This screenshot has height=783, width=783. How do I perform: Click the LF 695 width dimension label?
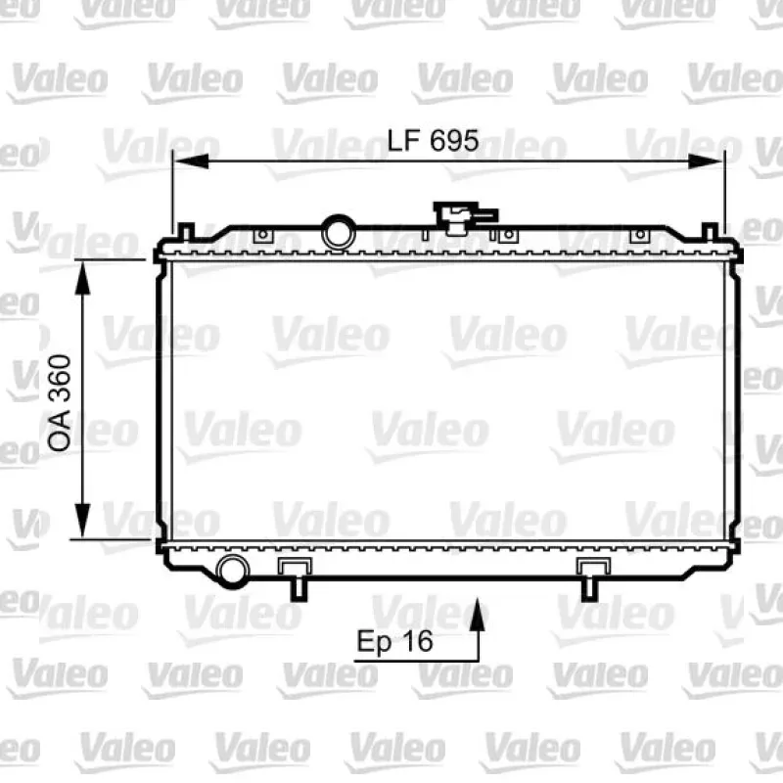[433, 140]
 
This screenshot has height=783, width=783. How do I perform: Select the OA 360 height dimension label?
[59, 402]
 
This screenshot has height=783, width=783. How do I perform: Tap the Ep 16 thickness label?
[394, 641]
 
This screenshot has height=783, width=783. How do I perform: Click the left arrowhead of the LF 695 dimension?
[191, 161]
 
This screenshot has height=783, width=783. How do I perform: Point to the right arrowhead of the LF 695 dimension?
[704, 161]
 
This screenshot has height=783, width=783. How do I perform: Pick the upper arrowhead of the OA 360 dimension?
[82, 278]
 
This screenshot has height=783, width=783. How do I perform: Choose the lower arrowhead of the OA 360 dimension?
[82, 521]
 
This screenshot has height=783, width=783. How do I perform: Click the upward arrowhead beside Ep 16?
[478, 615]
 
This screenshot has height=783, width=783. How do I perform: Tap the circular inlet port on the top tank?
[339, 233]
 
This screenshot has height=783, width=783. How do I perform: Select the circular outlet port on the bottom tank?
[232, 571]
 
